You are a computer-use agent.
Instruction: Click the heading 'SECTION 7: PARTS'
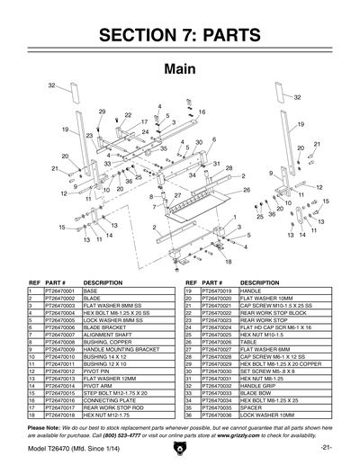179,37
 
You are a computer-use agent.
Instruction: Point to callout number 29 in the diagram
102,111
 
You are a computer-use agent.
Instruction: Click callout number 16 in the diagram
202,112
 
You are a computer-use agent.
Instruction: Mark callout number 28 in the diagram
229,168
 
